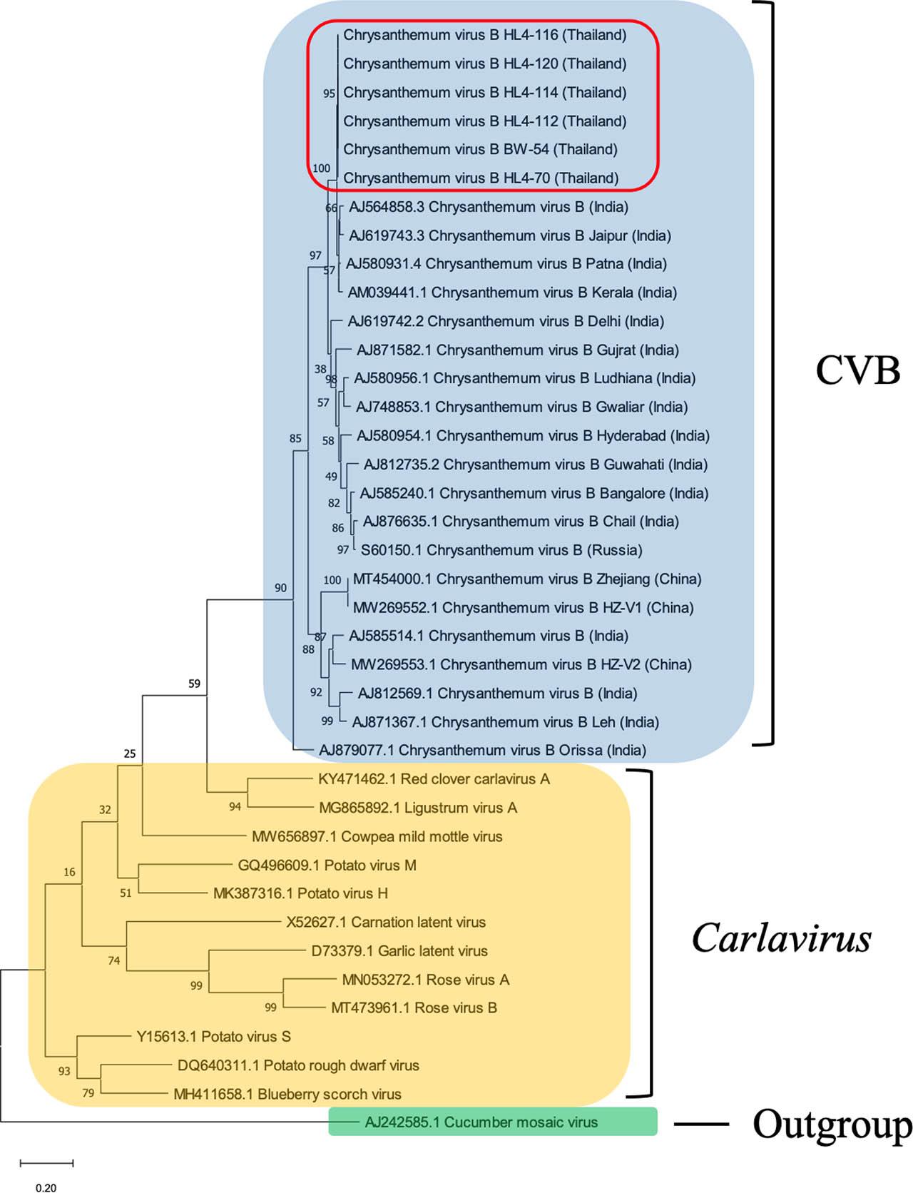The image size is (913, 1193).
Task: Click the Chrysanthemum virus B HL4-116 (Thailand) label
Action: coord(484,35)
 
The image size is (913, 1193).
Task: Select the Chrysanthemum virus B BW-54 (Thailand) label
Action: coord(480,150)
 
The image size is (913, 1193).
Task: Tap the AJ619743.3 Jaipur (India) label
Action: coord(509,235)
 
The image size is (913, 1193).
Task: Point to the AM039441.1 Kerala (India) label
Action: coord(511,293)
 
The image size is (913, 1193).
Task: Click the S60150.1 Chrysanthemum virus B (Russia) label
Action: coord(501,550)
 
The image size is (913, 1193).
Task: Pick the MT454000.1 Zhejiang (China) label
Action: coord(526,579)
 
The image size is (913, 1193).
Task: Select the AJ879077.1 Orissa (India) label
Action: coord(482,751)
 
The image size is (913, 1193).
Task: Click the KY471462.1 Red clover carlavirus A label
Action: coord(434,779)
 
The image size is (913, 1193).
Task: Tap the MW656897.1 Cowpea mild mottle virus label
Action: coord(377,836)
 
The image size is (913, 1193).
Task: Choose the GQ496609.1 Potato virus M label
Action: coord(327,865)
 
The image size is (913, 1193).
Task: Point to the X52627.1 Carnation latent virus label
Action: coord(386,923)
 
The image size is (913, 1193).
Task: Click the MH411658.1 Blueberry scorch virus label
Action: coord(287,1094)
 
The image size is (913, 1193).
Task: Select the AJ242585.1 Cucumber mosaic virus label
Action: coord(481,1122)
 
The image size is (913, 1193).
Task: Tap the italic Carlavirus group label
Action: coord(781,938)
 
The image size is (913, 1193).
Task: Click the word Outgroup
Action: coord(832,1125)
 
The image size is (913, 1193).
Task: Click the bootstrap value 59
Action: coord(194,684)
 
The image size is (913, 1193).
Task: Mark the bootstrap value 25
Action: coord(129,754)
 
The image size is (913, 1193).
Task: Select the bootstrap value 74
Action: coord(114,961)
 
